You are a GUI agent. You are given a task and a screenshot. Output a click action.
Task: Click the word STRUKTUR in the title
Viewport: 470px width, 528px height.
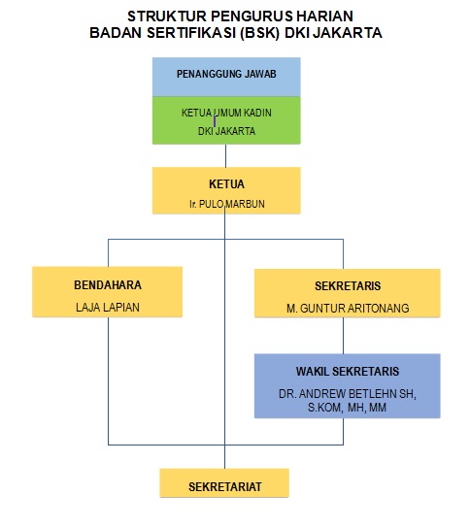pos(167,16)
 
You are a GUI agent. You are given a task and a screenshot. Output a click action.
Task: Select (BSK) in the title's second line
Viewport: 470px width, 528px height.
pos(259,33)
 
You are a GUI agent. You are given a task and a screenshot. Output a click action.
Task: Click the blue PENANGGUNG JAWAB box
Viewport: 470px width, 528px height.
pos(226,77)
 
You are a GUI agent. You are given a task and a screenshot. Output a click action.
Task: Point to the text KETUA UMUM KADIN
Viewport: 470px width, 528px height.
pos(226,113)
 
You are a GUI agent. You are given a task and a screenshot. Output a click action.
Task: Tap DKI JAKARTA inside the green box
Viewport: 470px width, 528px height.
pos(226,131)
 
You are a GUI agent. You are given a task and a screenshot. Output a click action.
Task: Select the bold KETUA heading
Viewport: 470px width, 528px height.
pos(226,184)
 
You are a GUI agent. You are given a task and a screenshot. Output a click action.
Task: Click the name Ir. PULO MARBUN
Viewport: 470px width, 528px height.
pos(226,204)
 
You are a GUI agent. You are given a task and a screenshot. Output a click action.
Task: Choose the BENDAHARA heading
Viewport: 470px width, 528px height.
pos(108,285)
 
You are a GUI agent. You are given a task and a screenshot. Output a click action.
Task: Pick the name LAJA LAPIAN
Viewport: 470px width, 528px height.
pos(108,307)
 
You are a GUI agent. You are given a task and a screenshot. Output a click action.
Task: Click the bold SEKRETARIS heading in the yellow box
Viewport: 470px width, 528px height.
pos(348,286)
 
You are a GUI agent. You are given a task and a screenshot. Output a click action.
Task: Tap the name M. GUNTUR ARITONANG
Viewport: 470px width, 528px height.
pos(348,308)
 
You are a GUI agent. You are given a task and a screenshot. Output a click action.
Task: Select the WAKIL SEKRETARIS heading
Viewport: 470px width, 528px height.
pos(348,372)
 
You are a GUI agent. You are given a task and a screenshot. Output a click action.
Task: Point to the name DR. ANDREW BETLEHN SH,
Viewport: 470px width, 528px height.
pos(348,394)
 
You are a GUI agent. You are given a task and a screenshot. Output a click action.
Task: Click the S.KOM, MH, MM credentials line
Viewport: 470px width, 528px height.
pos(347,408)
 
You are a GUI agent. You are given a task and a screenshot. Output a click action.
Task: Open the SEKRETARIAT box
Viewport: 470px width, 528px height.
pos(224,483)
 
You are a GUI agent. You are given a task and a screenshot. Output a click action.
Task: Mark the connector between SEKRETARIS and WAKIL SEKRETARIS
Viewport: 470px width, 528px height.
pos(344,336)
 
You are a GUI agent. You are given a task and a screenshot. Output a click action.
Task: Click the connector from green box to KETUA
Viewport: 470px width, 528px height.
pos(225,156)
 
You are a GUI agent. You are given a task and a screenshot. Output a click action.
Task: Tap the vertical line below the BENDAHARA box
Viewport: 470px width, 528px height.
pos(108,381)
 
